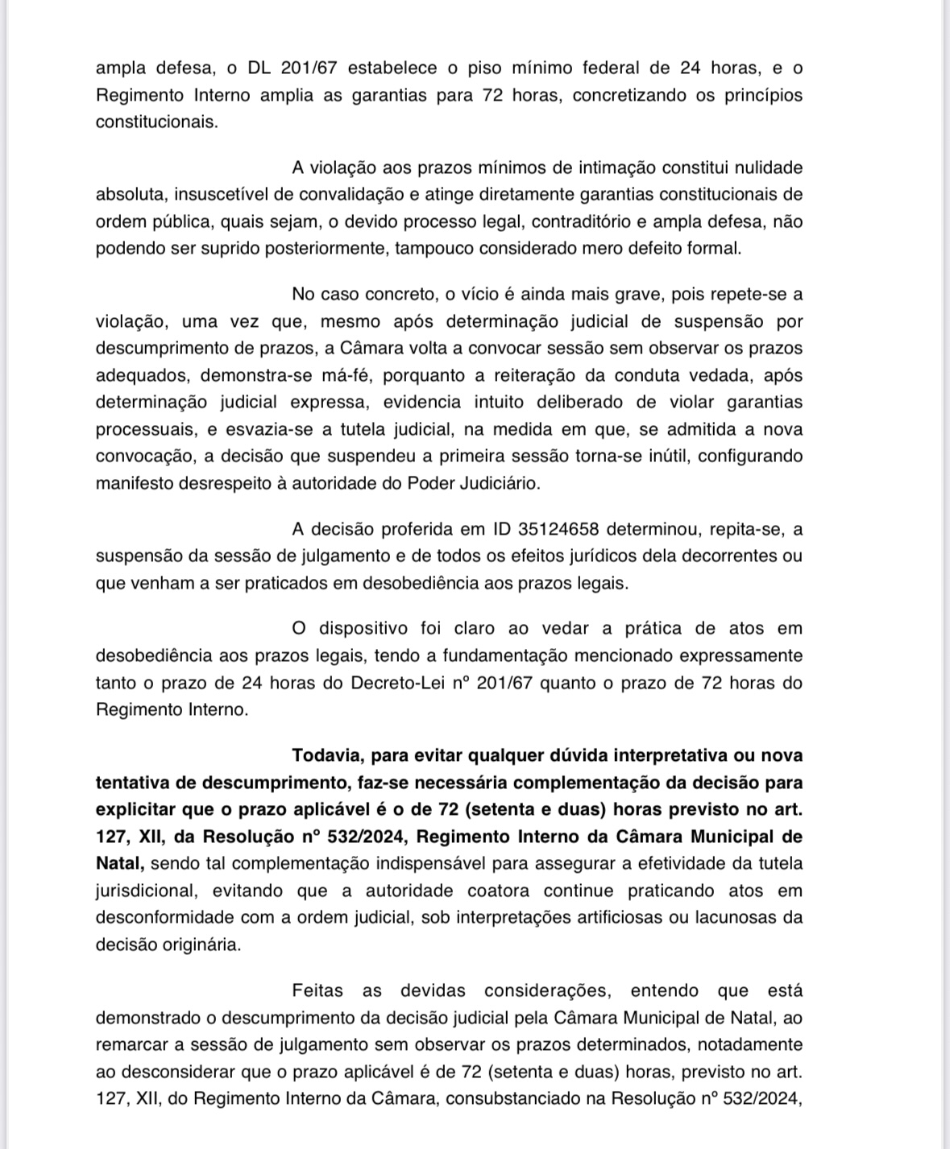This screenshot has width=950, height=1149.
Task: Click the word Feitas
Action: pyautogui.click(x=318, y=991)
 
